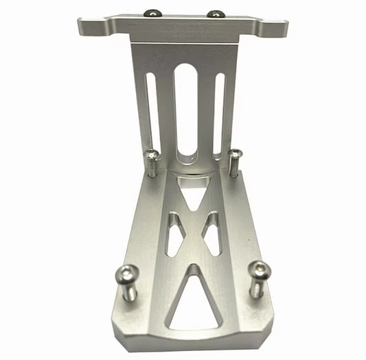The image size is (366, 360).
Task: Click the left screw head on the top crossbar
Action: (150, 12)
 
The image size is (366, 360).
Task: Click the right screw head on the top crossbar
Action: (215, 14)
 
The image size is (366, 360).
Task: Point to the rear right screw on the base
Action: (235, 161)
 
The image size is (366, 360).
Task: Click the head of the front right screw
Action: (260, 270)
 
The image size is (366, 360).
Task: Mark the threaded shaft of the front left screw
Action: (130, 291)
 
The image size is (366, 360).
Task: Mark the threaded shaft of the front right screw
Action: (255, 287)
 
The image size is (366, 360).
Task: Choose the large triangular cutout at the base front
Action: (193, 302)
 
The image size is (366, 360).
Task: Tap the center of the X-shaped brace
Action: (193, 230)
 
